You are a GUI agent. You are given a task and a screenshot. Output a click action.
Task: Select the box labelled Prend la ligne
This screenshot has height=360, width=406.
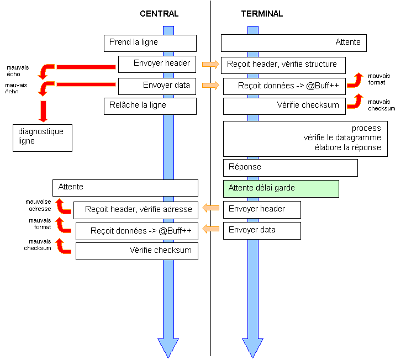(x=150, y=43)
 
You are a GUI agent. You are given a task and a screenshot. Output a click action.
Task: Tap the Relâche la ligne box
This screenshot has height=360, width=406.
(x=150, y=106)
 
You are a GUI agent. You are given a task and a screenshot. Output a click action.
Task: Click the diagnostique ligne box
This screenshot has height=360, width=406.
(x=43, y=137)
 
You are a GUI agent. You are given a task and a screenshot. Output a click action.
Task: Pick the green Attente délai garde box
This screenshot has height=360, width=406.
(x=281, y=188)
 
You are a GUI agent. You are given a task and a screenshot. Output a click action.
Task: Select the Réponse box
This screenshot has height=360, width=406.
(x=290, y=167)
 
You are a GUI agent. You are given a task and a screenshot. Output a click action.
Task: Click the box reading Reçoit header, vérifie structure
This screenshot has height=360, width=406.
(x=283, y=65)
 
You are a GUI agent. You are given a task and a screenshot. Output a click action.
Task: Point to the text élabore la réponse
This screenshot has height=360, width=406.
(x=347, y=147)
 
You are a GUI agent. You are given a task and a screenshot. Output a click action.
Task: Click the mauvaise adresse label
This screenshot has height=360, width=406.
(x=38, y=205)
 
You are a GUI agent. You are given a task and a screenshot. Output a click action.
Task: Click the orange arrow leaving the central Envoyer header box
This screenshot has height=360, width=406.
(x=210, y=65)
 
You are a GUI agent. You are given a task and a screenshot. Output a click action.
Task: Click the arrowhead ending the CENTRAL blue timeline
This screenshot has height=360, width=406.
(x=168, y=347)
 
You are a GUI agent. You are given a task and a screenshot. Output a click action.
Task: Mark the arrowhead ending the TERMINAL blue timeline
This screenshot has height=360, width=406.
(x=252, y=347)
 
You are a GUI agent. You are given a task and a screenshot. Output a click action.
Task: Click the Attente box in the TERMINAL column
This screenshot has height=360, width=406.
(x=294, y=43)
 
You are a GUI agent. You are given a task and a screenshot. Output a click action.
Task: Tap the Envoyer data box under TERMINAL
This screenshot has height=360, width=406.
(x=262, y=231)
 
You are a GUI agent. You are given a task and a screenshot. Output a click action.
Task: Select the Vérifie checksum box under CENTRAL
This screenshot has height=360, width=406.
(x=136, y=251)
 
